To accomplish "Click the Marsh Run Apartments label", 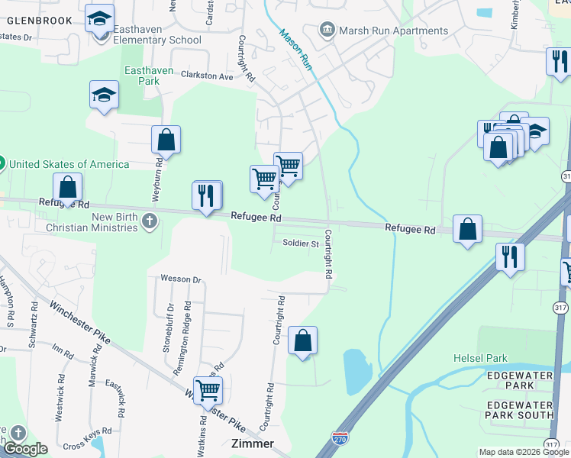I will (394, 31).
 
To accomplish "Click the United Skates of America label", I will (68, 163).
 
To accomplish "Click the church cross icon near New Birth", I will (150, 222).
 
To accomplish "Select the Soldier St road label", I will (300, 244).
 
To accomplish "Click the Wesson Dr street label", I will (180, 279).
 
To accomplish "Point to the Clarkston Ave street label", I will (206, 76).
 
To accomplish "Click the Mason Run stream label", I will (295, 50).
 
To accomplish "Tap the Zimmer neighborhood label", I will (252, 443).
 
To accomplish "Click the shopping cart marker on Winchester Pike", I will (208, 391).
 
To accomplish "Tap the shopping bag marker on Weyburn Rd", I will (166, 140).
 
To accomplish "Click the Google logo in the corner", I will (24, 449).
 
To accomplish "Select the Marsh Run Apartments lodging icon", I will (327, 31).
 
